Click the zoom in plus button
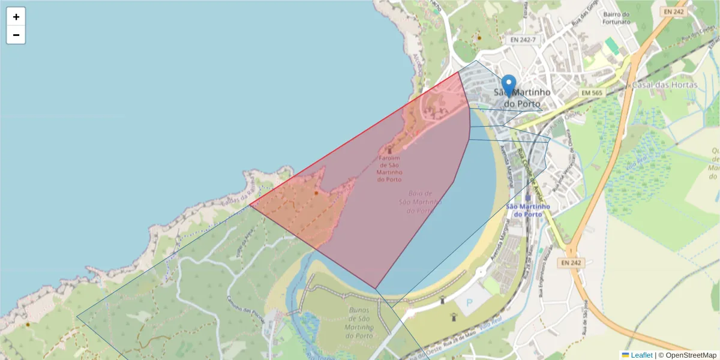click(x=16, y=17)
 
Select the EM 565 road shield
click(x=592, y=93)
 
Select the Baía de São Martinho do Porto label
click(x=421, y=202)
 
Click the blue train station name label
click(x=528, y=210)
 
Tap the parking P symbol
click(x=469, y=304)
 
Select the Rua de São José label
click(x=584, y=317)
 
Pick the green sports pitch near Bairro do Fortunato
click(x=611, y=46)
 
